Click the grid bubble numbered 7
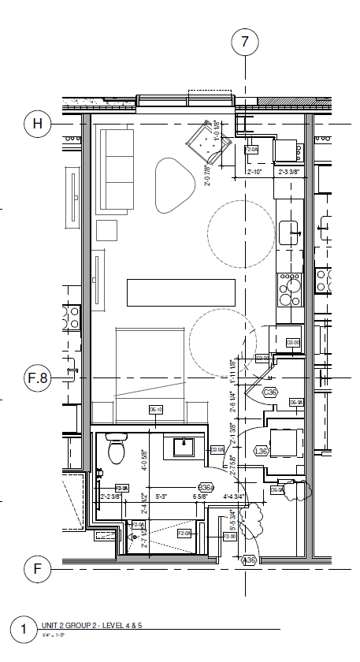click(x=245, y=43)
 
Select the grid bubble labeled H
click(x=38, y=124)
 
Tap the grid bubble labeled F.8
click(x=38, y=378)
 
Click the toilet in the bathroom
click(x=116, y=449)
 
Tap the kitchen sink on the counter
click(x=288, y=232)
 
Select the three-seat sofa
click(x=115, y=171)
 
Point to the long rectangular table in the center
click(x=181, y=292)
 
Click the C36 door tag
click(x=270, y=392)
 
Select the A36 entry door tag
click(x=250, y=560)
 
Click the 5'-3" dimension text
click(x=164, y=497)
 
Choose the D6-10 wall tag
click(x=156, y=410)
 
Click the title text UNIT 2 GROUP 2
click(x=98, y=625)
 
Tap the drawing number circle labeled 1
click(x=24, y=630)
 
